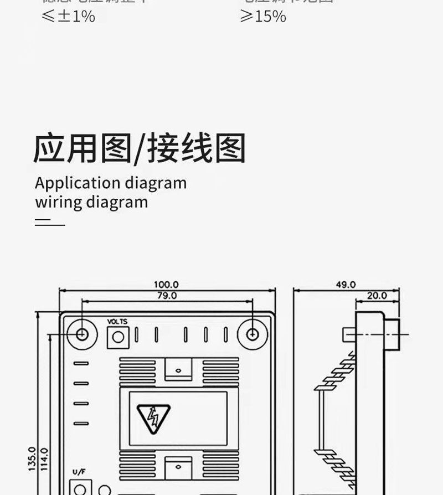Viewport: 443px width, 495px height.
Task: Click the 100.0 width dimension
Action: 166,285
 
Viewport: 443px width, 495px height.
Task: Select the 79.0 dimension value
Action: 166,296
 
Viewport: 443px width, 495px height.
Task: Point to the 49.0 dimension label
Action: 346,285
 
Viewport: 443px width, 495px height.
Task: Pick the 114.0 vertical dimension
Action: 45,458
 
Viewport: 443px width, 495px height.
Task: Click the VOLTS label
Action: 117,322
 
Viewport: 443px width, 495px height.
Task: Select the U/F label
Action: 79,472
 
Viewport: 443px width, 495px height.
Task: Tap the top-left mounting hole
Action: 82,334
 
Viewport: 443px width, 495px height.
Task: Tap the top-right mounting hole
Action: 253,334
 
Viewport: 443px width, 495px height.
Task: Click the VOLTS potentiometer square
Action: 117,337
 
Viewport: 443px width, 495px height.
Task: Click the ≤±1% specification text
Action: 68,16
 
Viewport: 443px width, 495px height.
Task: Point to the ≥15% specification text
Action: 262,16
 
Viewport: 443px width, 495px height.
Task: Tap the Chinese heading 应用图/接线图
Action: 139,148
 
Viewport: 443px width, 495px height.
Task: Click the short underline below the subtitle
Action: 50,224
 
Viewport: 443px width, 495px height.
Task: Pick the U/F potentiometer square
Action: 80,488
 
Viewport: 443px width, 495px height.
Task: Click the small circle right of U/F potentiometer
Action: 104,490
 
